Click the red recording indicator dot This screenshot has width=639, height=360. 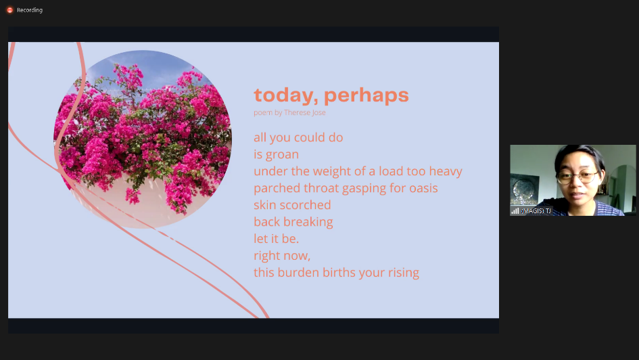(x=9, y=9)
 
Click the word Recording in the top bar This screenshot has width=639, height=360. (x=30, y=10)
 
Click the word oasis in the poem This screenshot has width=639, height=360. (x=423, y=188)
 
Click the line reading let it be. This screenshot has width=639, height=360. (x=277, y=238)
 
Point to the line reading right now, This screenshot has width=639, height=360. (x=282, y=256)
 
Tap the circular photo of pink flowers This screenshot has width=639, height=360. (x=143, y=139)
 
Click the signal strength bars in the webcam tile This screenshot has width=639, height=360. (x=515, y=210)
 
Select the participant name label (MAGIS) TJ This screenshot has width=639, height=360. (x=536, y=210)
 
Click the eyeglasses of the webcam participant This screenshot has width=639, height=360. (x=577, y=177)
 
